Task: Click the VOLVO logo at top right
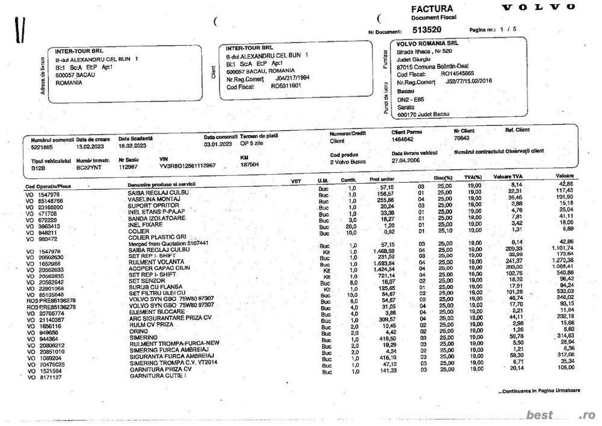click(x=538, y=7)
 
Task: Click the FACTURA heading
click(x=432, y=9)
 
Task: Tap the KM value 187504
click(x=249, y=164)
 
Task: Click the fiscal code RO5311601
click(x=286, y=86)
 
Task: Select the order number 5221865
click(x=43, y=146)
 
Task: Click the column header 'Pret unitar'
click(x=382, y=181)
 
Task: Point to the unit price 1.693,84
click(x=383, y=262)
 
